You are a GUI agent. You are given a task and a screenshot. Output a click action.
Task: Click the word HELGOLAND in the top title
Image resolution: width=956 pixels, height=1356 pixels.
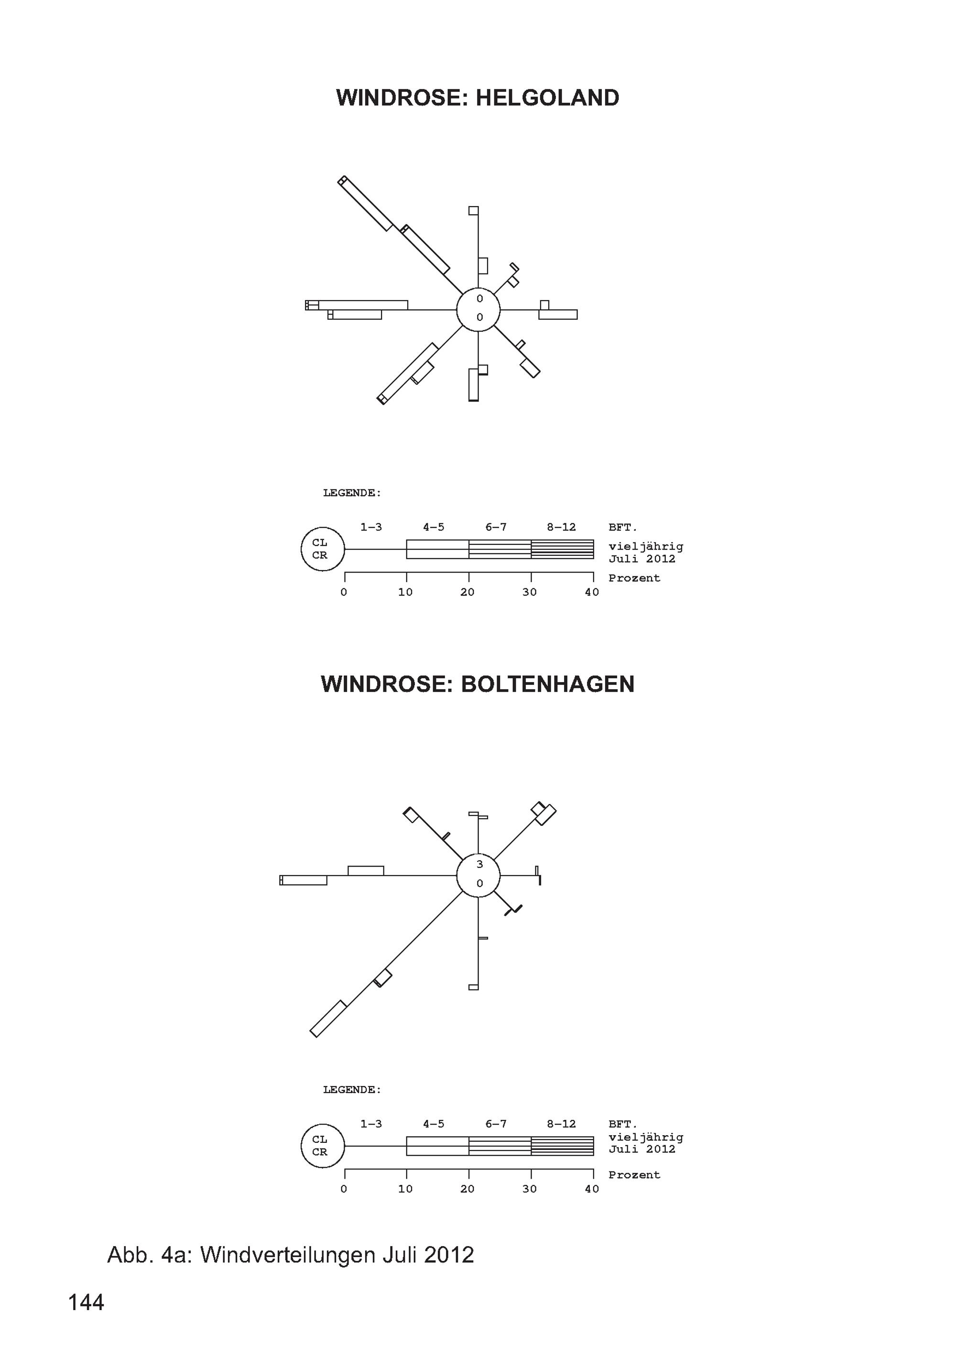[547, 98]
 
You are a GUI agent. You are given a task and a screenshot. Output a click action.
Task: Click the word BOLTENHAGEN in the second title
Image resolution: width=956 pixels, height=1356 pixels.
[547, 684]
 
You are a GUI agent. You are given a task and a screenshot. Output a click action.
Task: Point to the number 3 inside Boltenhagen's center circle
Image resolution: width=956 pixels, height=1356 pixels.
[479, 865]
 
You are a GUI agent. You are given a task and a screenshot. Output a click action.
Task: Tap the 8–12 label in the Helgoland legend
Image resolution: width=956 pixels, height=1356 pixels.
[561, 527]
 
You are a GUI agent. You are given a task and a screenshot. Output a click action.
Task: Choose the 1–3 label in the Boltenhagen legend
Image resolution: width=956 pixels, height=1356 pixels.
[371, 1124]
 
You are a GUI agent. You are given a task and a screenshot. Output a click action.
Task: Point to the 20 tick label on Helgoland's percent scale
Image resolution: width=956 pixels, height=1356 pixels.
[467, 592]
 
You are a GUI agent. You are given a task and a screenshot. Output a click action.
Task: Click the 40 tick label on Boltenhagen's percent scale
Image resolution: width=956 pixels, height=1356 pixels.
[592, 1189]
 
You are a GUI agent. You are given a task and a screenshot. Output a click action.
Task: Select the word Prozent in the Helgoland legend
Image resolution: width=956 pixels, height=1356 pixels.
[634, 578]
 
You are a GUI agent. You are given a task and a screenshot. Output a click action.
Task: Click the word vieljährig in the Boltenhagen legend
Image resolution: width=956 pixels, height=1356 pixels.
[646, 1138]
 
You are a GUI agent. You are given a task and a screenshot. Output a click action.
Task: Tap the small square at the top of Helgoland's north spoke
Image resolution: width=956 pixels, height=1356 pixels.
[474, 211]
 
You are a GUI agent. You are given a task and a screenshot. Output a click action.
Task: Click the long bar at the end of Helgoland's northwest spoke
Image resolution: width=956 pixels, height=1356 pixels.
[365, 203]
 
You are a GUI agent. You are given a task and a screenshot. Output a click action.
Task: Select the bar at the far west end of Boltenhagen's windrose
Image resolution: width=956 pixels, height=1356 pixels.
[304, 880]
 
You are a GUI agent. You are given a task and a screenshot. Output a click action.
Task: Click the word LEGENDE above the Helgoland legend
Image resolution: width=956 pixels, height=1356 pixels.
[352, 493]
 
